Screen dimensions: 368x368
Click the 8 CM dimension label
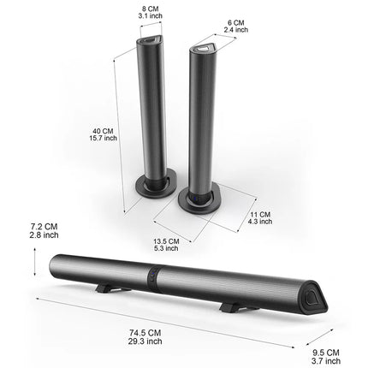coord(151,9)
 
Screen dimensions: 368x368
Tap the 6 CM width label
coord(236,23)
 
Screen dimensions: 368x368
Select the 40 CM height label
coord(103,131)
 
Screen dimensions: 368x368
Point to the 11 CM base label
coord(260,215)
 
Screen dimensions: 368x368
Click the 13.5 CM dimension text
coord(166,241)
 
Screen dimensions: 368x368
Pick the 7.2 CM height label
coord(44,227)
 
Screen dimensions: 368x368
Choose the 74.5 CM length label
coord(145,333)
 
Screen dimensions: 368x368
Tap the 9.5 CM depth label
coord(326,353)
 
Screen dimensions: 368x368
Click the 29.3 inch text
coord(145,341)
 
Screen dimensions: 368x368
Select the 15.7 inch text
coord(104,138)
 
